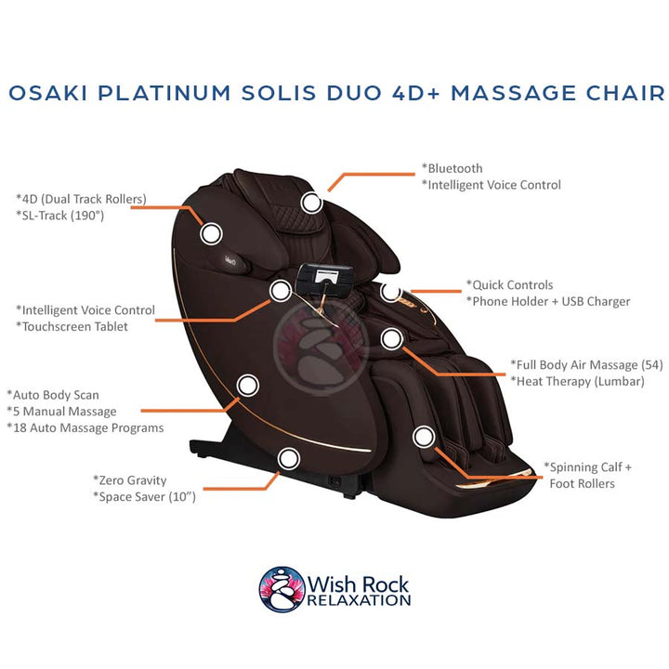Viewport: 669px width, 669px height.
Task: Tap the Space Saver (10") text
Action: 146,496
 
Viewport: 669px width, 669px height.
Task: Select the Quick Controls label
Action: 511,284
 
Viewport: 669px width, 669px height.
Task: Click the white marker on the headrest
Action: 312,200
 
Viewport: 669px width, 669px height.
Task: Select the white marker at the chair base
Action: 289,457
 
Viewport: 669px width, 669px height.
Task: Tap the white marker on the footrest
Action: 424,435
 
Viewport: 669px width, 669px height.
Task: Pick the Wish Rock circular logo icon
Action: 280,588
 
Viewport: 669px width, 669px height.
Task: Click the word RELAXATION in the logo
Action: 359,600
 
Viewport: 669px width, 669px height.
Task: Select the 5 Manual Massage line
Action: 64,411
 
